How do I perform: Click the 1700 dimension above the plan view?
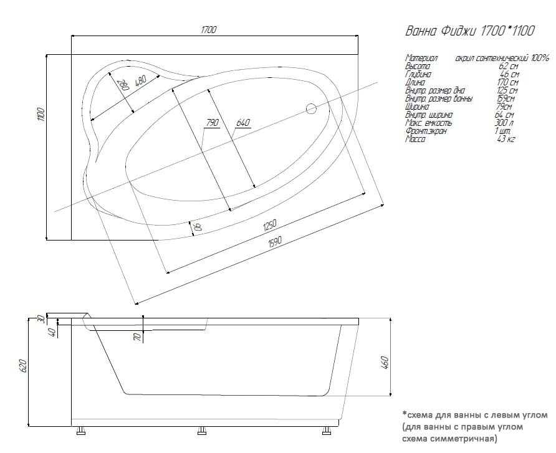tap(208, 30)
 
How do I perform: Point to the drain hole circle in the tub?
tap(311, 110)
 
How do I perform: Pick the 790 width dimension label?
tap(212, 123)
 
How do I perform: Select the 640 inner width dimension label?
tap(242, 123)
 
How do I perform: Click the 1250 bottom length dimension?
tap(269, 225)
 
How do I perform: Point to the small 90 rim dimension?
tap(198, 227)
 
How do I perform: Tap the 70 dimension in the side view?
tap(136, 338)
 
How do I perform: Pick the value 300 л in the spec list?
tap(504, 123)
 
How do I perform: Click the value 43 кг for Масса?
tap(506, 139)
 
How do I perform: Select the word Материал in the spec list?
tap(421, 58)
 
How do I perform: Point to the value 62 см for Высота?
tap(509, 66)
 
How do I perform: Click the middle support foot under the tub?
tap(202, 429)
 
